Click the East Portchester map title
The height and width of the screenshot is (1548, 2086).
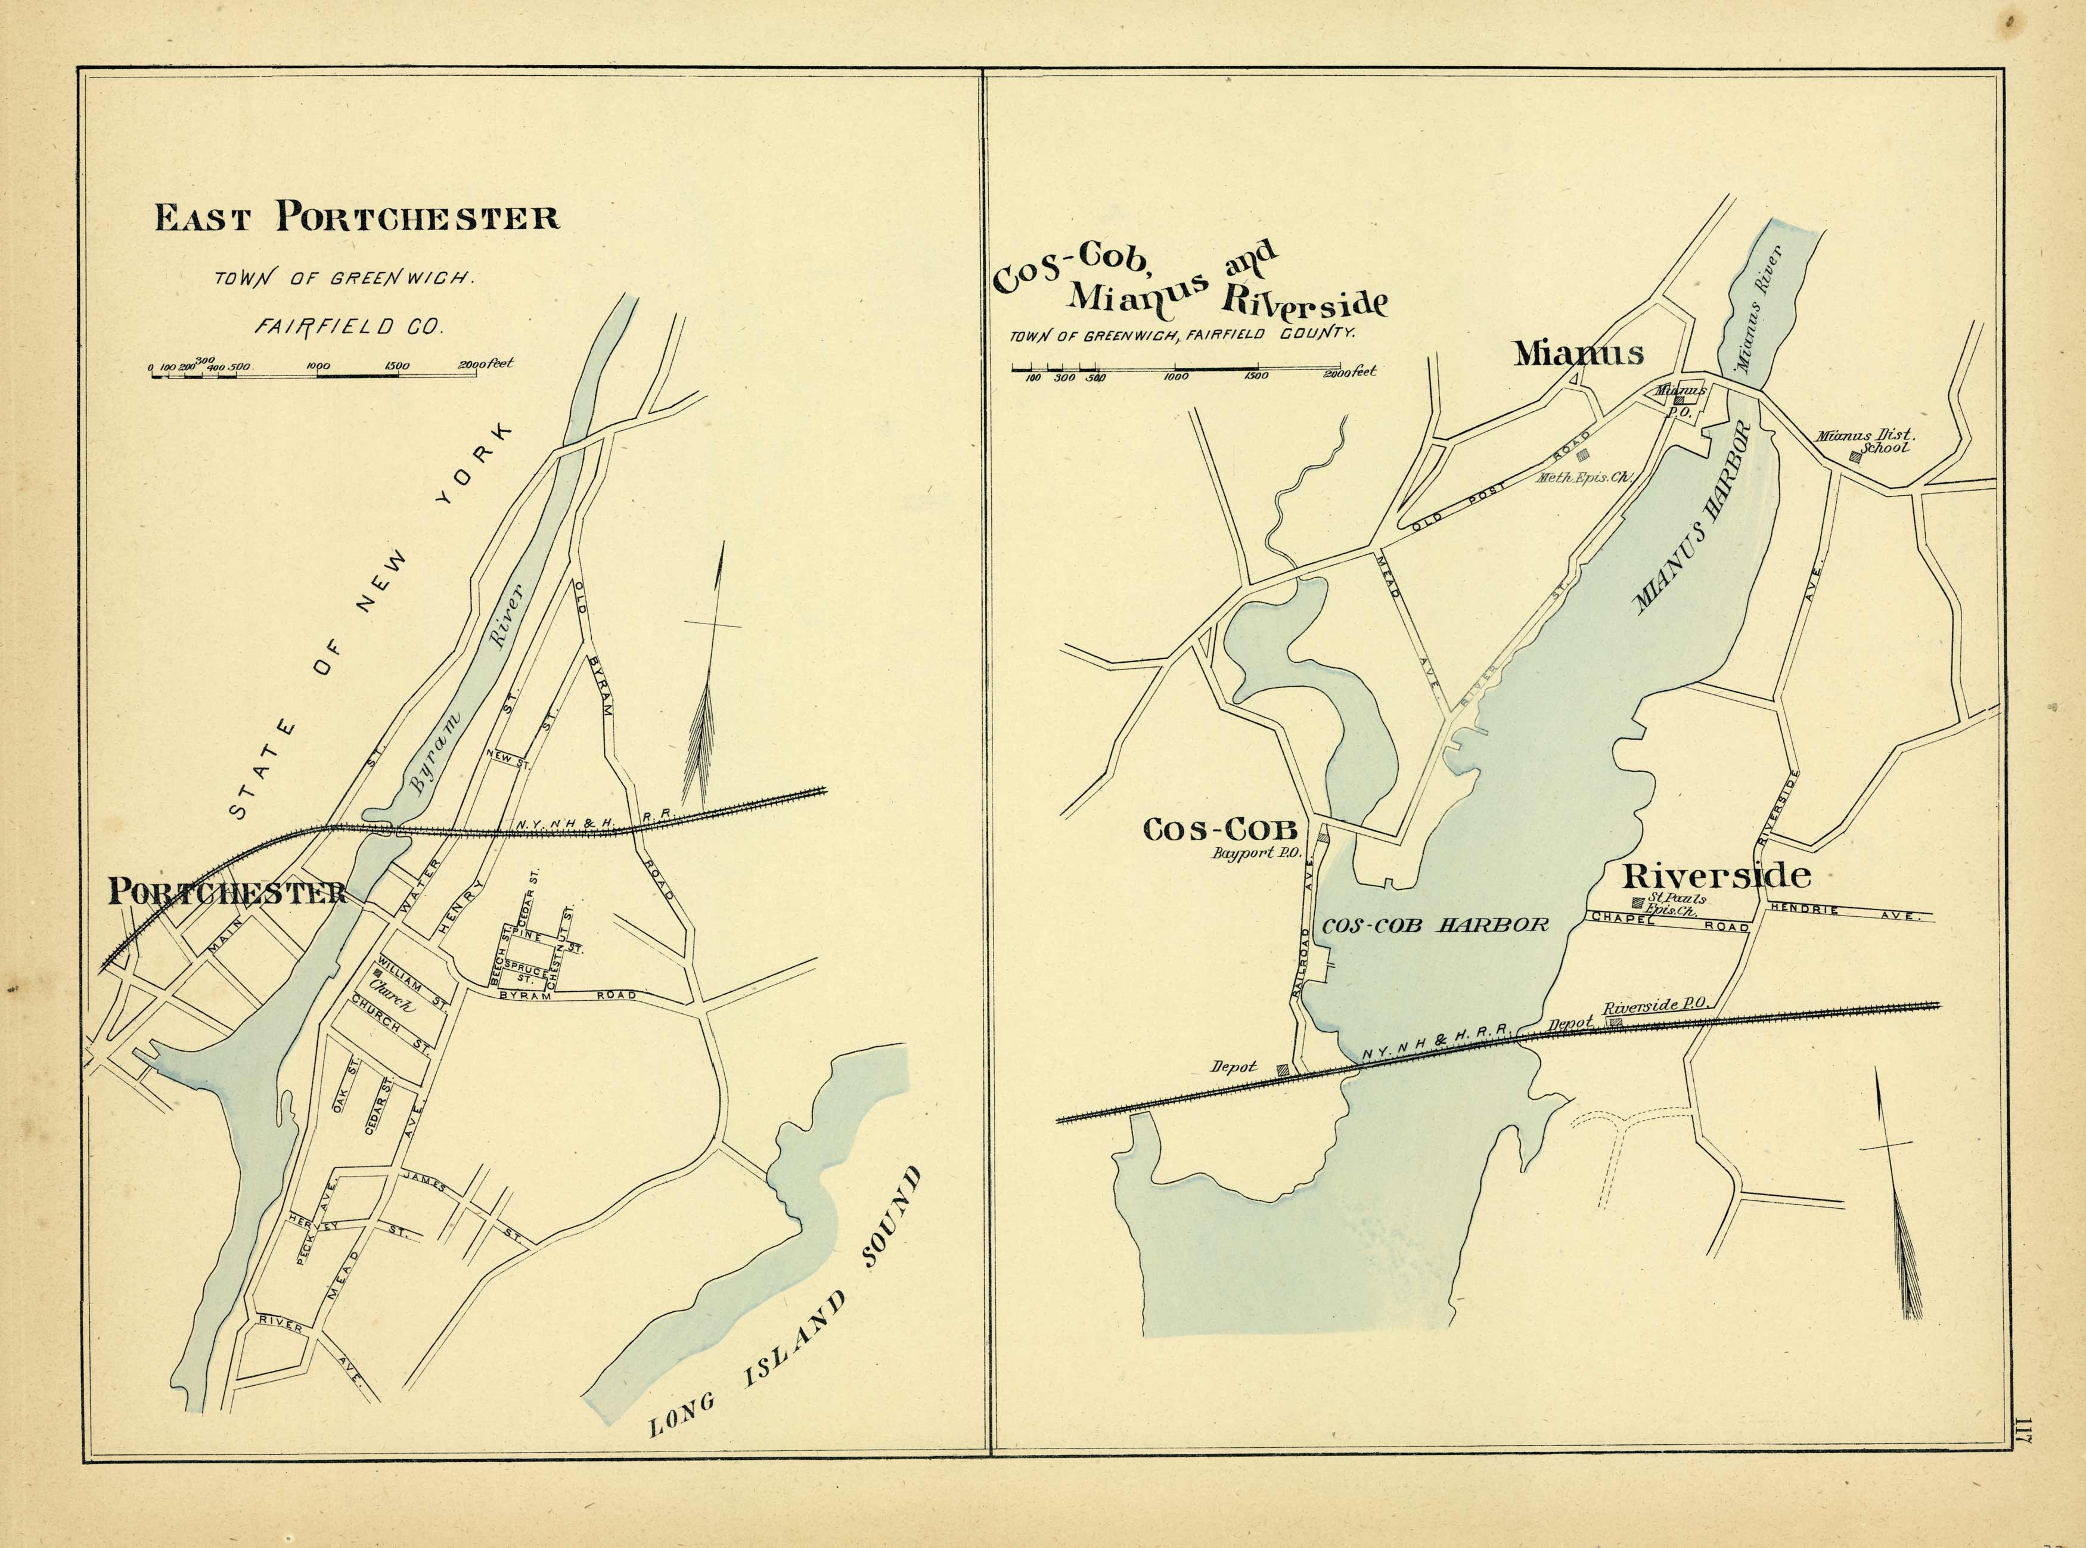[x=357, y=218]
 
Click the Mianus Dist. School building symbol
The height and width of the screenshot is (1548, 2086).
[x=1855, y=457]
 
